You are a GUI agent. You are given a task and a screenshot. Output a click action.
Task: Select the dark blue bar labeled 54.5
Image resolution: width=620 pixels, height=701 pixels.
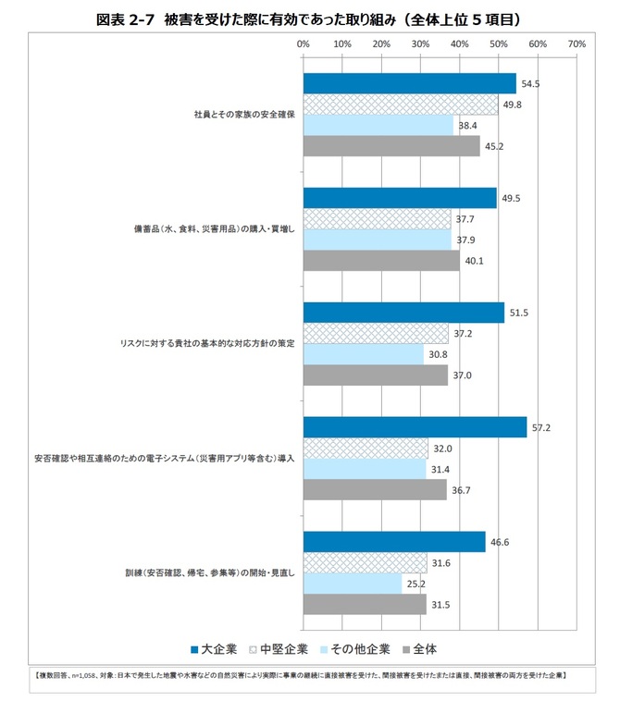coord(409,83)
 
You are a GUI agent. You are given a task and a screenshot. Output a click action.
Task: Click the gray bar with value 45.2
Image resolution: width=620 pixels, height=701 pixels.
coord(391,146)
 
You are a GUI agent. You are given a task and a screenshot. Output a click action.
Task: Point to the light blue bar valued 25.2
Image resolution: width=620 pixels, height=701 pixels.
coord(353,584)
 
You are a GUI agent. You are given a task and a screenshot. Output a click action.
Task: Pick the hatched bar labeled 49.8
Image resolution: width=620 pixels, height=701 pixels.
coord(400,105)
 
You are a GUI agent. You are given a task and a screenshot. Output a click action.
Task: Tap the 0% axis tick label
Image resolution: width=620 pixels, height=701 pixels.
coord(304,43)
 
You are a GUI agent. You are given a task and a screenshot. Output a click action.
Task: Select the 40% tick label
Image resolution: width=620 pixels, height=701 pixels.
coord(459,43)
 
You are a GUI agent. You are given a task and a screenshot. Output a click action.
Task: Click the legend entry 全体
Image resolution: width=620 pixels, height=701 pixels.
coord(420,647)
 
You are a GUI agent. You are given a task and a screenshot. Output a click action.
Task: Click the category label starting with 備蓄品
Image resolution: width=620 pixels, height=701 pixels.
coord(214,229)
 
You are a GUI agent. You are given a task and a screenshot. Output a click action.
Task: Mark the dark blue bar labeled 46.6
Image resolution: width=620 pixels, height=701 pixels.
coord(393,542)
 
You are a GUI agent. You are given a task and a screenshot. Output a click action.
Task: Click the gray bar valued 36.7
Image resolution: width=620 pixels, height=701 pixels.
coord(375,490)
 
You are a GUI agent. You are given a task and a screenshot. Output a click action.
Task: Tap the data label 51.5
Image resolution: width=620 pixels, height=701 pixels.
coord(518,314)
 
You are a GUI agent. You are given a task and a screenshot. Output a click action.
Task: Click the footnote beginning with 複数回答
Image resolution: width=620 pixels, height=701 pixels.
coord(301,676)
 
